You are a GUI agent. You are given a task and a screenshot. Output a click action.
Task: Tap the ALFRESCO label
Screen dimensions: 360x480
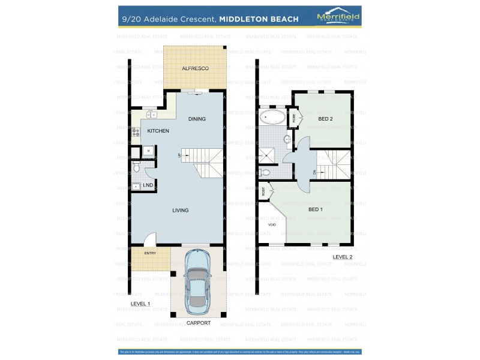[x=195, y=69]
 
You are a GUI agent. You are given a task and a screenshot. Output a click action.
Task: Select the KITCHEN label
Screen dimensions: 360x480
[x=158, y=131]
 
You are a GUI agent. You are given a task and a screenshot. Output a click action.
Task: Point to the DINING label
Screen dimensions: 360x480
[x=196, y=119]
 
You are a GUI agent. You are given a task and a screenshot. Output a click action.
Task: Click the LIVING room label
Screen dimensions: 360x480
[x=180, y=211]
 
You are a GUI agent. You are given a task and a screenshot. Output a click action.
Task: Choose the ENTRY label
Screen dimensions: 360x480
[x=150, y=253]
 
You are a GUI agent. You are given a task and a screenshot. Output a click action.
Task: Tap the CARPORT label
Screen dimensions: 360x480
[x=198, y=323]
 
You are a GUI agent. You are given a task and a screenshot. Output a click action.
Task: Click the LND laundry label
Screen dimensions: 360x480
[x=148, y=185]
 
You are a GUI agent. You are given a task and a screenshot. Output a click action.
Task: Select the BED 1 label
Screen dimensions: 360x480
[x=315, y=209]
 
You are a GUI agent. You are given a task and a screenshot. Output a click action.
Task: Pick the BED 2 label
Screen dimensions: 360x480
[x=325, y=119]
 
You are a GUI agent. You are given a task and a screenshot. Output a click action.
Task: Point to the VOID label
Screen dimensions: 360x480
[x=272, y=224]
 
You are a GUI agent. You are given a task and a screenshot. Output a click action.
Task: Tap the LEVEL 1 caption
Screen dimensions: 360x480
[x=141, y=305]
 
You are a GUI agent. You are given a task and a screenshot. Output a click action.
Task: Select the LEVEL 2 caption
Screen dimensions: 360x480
[x=343, y=257]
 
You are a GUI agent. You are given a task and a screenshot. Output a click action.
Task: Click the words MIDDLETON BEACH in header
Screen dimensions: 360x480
[x=259, y=19]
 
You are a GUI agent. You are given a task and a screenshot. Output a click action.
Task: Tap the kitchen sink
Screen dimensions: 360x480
[x=150, y=114]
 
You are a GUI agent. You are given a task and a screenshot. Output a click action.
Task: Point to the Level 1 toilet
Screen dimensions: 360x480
[x=137, y=163]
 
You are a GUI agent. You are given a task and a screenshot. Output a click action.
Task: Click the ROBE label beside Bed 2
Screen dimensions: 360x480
[x=294, y=118]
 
